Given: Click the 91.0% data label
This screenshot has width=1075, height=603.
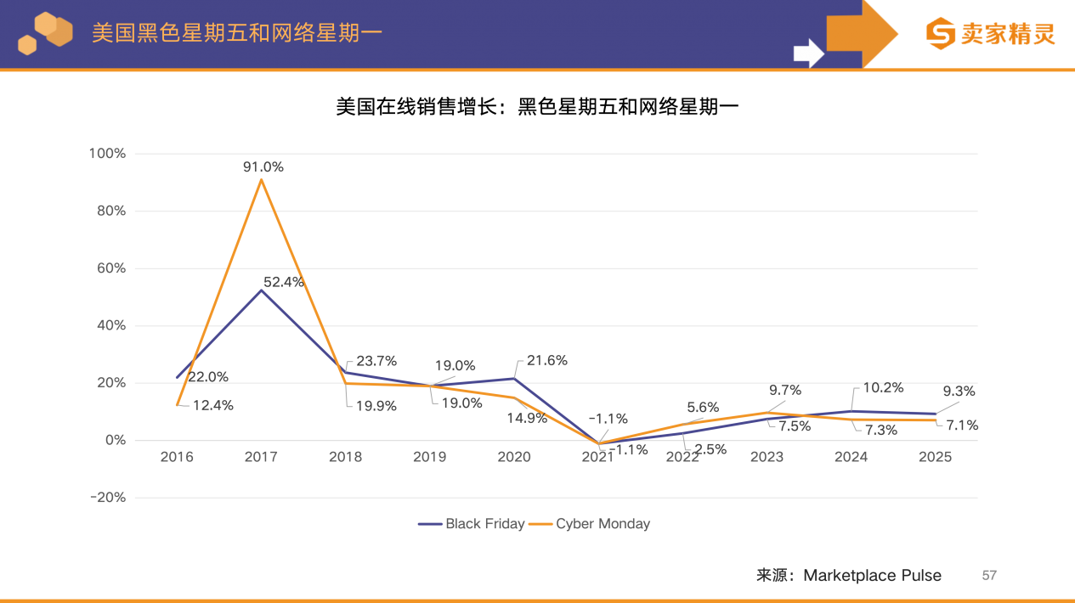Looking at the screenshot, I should [x=263, y=167].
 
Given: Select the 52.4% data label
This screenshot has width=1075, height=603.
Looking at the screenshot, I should [x=283, y=282].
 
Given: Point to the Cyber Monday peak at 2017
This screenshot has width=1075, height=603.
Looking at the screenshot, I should [x=261, y=179].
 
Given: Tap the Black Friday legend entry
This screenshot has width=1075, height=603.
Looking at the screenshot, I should [x=472, y=524].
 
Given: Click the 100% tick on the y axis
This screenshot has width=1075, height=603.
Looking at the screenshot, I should [x=107, y=154].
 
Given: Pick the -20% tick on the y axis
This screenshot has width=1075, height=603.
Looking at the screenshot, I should [x=107, y=498].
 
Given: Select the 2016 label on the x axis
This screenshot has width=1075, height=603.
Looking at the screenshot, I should [x=177, y=457].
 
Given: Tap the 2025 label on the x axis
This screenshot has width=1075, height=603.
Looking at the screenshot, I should [x=935, y=457].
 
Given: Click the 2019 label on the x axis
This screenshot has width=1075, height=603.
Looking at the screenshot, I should [x=429, y=457].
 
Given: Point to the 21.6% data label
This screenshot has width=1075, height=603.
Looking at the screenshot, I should [x=547, y=361].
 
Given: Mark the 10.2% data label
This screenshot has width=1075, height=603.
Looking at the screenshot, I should [x=883, y=387].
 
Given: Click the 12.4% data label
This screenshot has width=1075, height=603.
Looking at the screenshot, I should [x=212, y=406].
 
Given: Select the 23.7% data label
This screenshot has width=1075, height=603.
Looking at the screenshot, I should [x=376, y=361].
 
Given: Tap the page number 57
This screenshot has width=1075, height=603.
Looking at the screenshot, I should [x=988, y=576].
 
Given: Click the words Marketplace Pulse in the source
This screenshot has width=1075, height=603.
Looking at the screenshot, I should [x=872, y=576].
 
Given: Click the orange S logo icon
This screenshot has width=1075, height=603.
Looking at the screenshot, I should [x=941, y=34].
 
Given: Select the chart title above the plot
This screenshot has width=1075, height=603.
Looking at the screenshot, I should [x=537, y=107].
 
